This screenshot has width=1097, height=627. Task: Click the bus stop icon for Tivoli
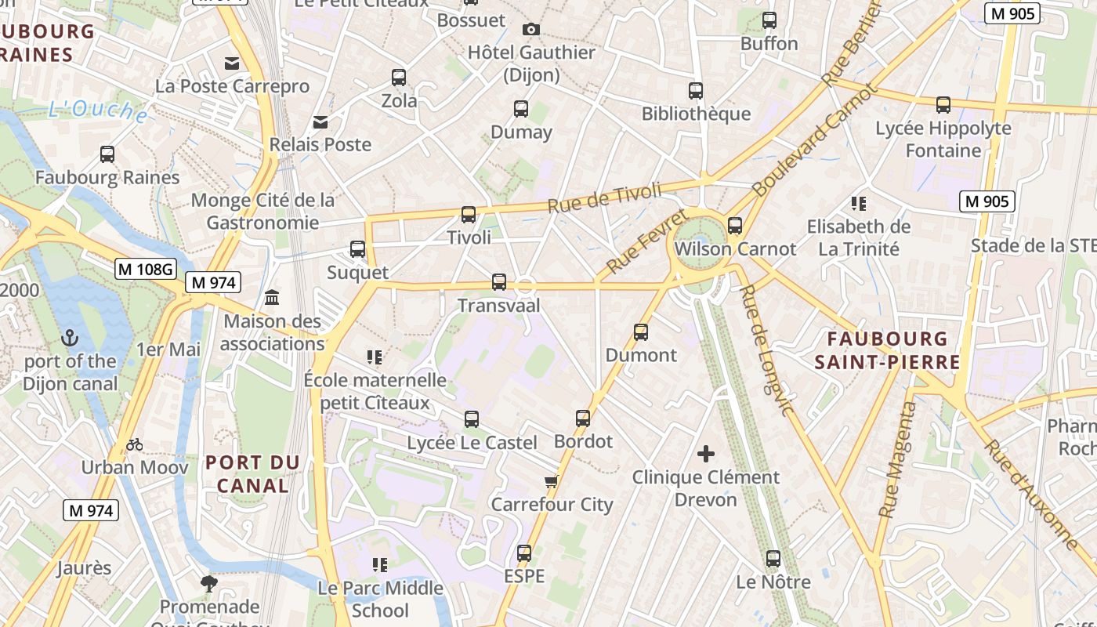pos(469,214)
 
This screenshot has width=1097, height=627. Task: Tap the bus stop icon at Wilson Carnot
pos(735,226)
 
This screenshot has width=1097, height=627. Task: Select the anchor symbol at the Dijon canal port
pos(71,339)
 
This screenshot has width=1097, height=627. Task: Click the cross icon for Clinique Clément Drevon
pos(706,454)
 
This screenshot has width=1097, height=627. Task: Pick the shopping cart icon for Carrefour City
pos(552,481)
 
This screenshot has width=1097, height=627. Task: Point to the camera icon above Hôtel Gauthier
pos(531,30)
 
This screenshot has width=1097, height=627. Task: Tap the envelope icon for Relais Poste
pos(320,121)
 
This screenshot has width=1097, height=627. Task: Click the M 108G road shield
pos(146,269)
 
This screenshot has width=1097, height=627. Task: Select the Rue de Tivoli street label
pos(604,198)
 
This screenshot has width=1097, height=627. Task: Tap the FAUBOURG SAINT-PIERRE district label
pos(887,350)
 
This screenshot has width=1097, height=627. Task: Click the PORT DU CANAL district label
pos(252,474)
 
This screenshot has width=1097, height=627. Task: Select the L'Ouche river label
pos(98,111)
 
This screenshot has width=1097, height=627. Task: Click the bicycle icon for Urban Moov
pos(135,445)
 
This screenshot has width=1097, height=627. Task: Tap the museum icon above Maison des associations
pos(273,298)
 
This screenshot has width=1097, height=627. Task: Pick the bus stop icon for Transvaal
pos(499,282)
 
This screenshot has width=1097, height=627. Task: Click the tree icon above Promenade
pos(209,583)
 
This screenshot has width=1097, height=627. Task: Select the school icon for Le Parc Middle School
pos(380,565)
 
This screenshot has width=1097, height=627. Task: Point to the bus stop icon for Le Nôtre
pos(773,559)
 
